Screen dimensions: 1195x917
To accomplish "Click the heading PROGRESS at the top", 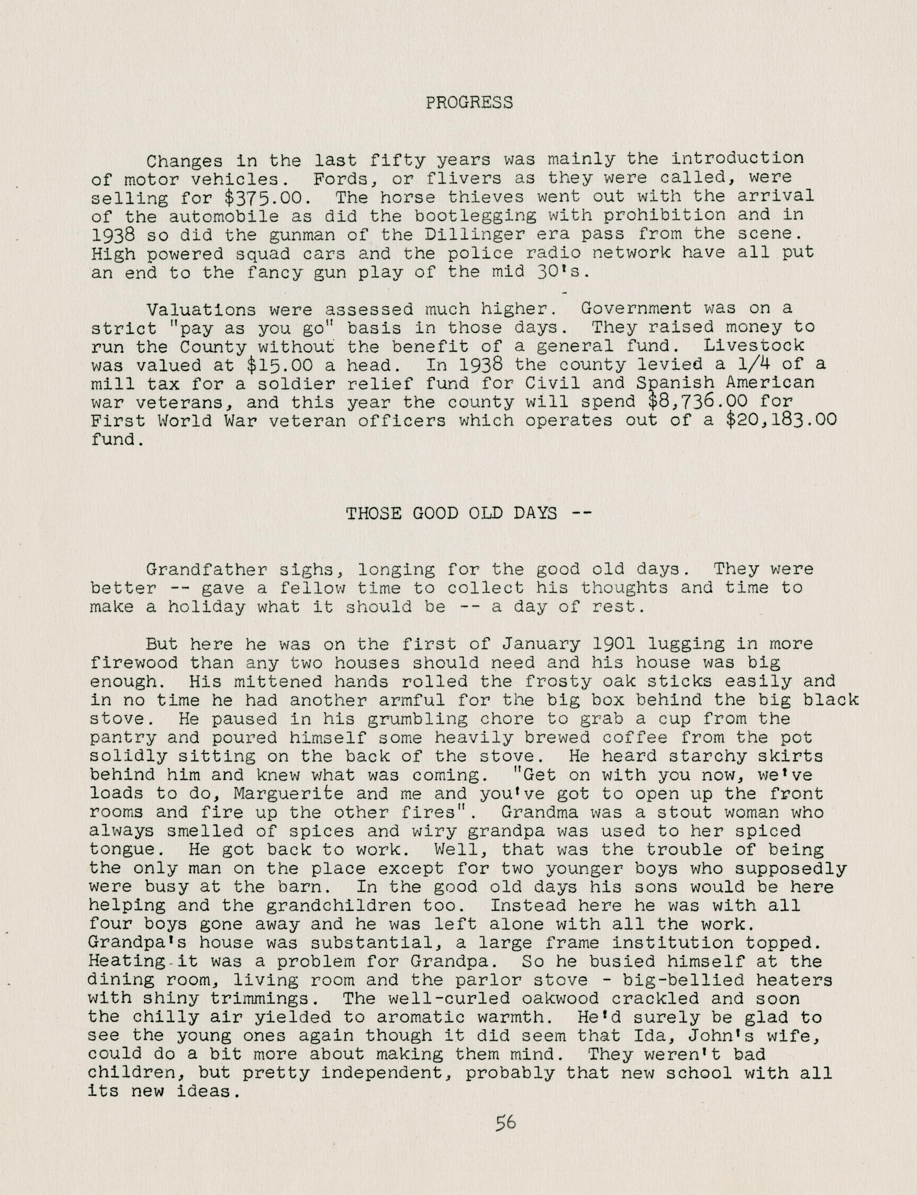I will pyautogui.click(x=469, y=103).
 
